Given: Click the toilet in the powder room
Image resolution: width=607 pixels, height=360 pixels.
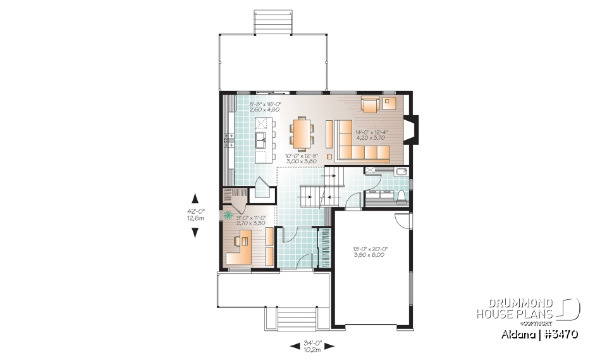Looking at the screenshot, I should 401,197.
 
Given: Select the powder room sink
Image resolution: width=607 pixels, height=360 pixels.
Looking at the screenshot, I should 400,171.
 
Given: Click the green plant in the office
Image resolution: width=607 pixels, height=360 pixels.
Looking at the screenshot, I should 228,215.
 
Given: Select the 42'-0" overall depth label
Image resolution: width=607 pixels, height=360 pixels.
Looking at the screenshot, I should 195,215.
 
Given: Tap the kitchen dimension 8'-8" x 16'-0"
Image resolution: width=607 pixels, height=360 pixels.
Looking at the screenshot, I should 265,106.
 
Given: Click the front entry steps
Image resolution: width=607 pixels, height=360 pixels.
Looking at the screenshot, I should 297,319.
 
